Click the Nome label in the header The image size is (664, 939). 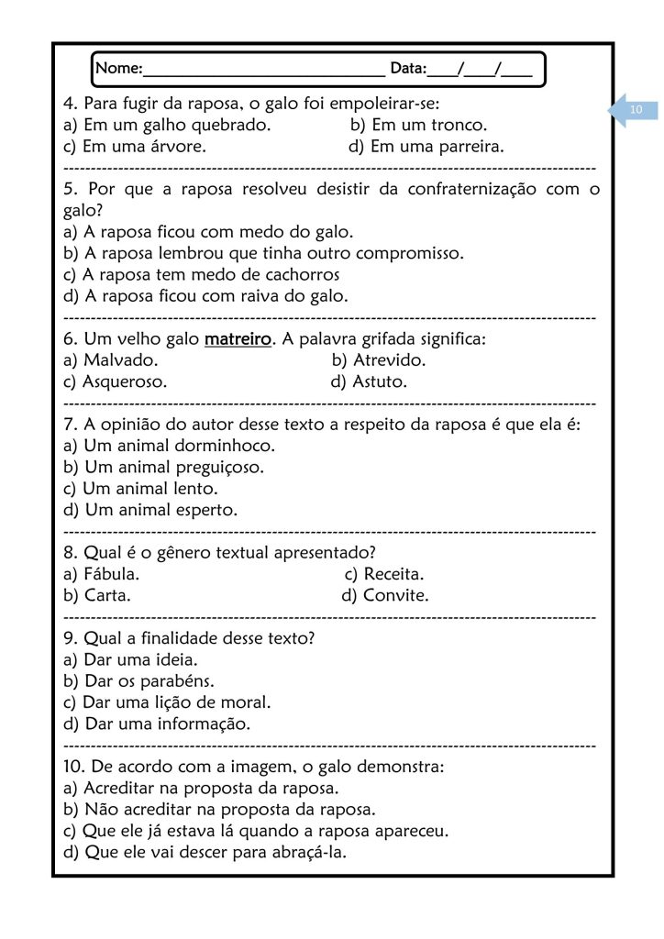[118, 68]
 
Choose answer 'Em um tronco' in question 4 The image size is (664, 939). [418, 125]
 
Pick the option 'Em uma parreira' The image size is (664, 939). [426, 147]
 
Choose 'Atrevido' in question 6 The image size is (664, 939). [379, 360]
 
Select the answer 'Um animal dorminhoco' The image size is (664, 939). [170, 446]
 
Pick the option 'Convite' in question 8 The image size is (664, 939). [385, 596]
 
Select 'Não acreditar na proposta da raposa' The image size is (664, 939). [220, 810]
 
